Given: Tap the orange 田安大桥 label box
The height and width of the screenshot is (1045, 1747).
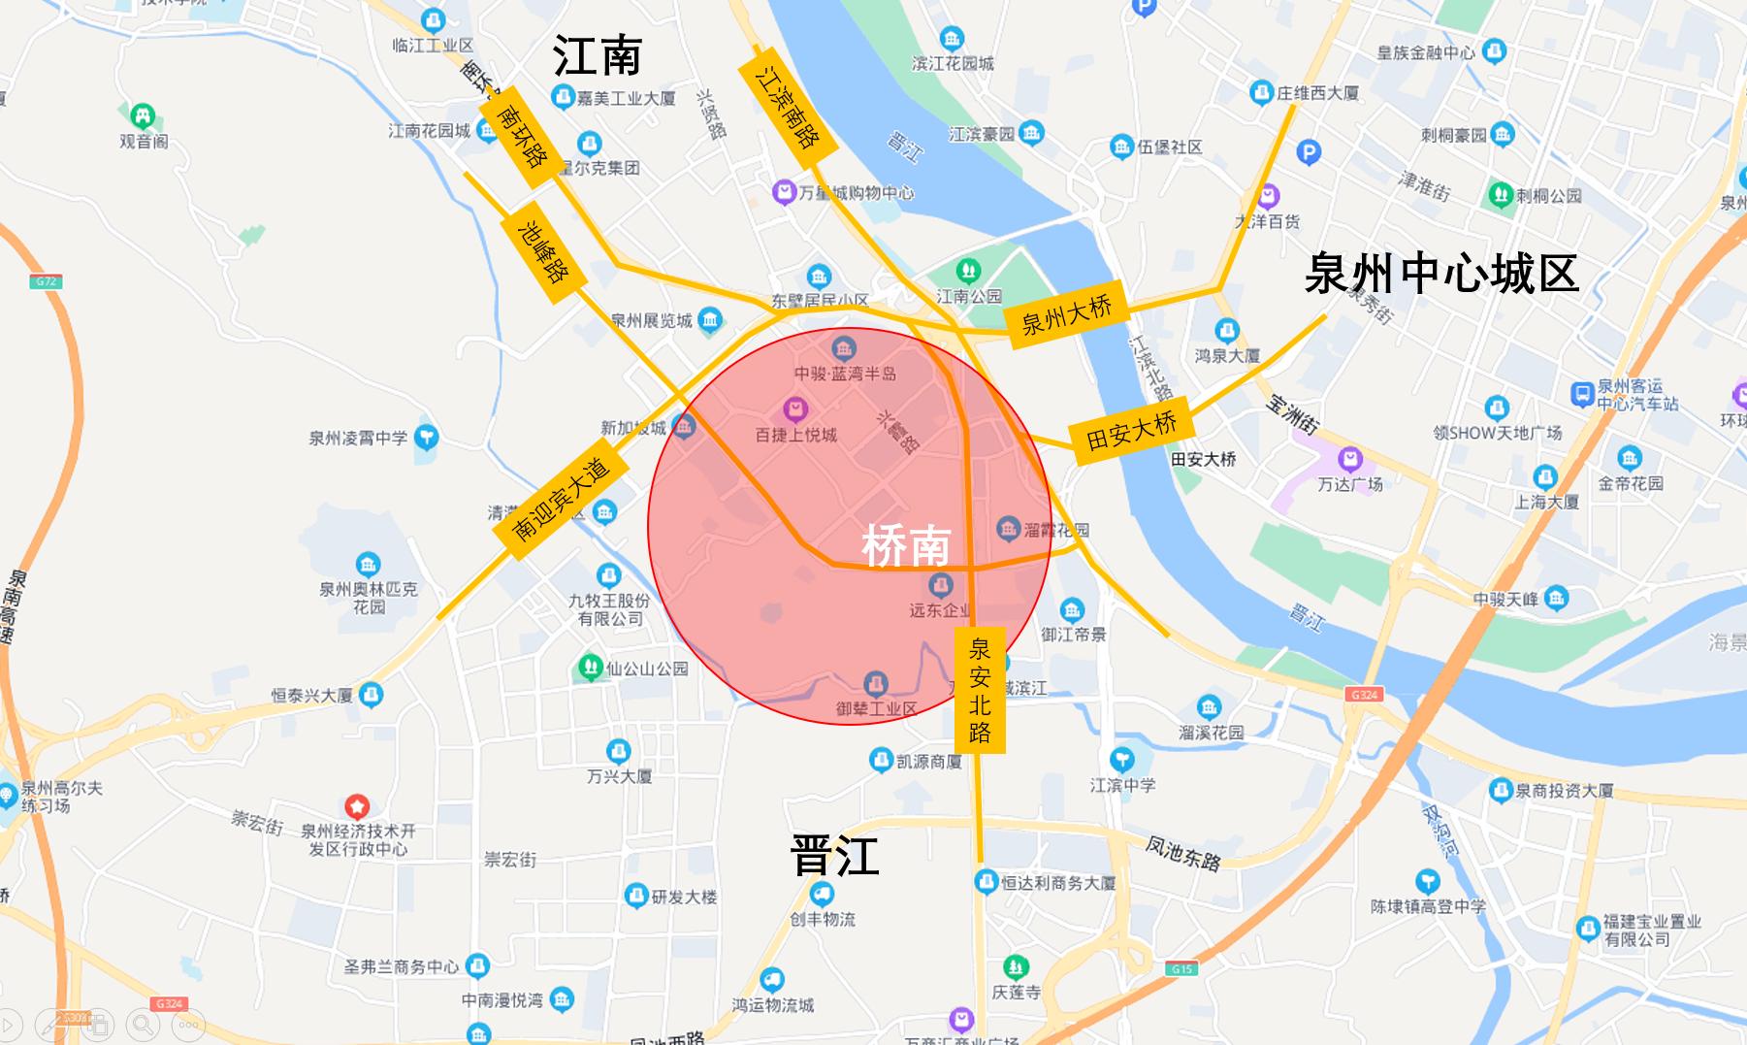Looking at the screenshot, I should [x=1131, y=431].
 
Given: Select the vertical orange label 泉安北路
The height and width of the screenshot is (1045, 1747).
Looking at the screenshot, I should [x=980, y=690].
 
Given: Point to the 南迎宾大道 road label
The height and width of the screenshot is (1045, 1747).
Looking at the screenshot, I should [x=560, y=499].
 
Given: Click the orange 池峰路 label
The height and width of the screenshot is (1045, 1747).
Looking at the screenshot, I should [x=543, y=252].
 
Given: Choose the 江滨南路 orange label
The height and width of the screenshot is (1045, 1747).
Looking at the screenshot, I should [x=787, y=107].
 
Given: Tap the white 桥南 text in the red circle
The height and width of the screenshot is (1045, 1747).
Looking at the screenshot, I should [x=906, y=546].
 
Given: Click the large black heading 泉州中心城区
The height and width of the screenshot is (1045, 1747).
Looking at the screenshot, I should [x=1441, y=273].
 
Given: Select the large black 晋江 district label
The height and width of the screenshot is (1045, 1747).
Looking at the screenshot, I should [x=834, y=856].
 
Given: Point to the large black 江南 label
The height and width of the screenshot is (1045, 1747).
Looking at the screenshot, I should [x=598, y=55].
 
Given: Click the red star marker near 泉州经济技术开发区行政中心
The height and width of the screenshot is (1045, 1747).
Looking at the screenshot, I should [x=357, y=806].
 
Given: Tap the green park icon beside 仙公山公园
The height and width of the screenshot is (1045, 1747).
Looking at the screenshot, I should [x=590, y=668].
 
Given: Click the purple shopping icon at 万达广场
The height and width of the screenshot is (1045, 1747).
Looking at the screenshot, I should [x=1349, y=459].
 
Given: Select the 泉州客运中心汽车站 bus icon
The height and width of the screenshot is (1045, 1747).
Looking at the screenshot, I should [x=1582, y=394].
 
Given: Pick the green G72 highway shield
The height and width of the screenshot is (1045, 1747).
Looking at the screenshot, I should [x=46, y=281].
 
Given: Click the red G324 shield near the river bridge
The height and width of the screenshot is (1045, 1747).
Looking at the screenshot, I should [x=1364, y=695].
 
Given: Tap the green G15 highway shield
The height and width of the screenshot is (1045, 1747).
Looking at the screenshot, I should [x=1181, y=968].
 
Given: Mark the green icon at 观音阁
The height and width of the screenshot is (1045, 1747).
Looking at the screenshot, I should [x=143, y=116].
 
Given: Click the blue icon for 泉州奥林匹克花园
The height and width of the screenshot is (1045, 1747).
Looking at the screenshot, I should [x=368, y=564].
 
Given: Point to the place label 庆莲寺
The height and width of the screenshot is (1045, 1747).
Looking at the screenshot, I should [x=1016, y=992].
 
